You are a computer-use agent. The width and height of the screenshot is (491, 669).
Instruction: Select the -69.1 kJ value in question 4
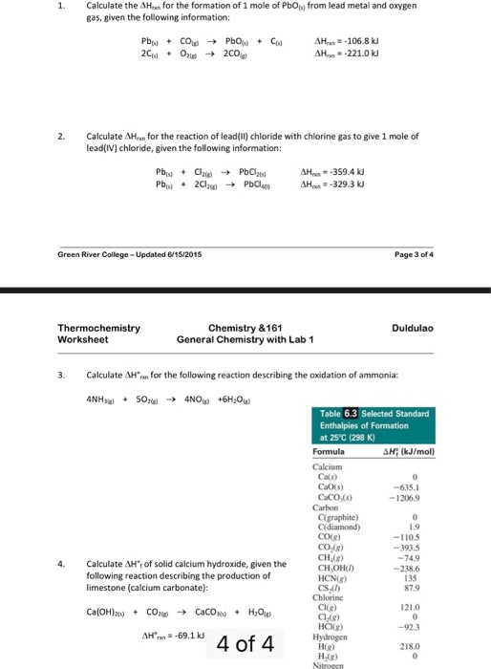(172, 634)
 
